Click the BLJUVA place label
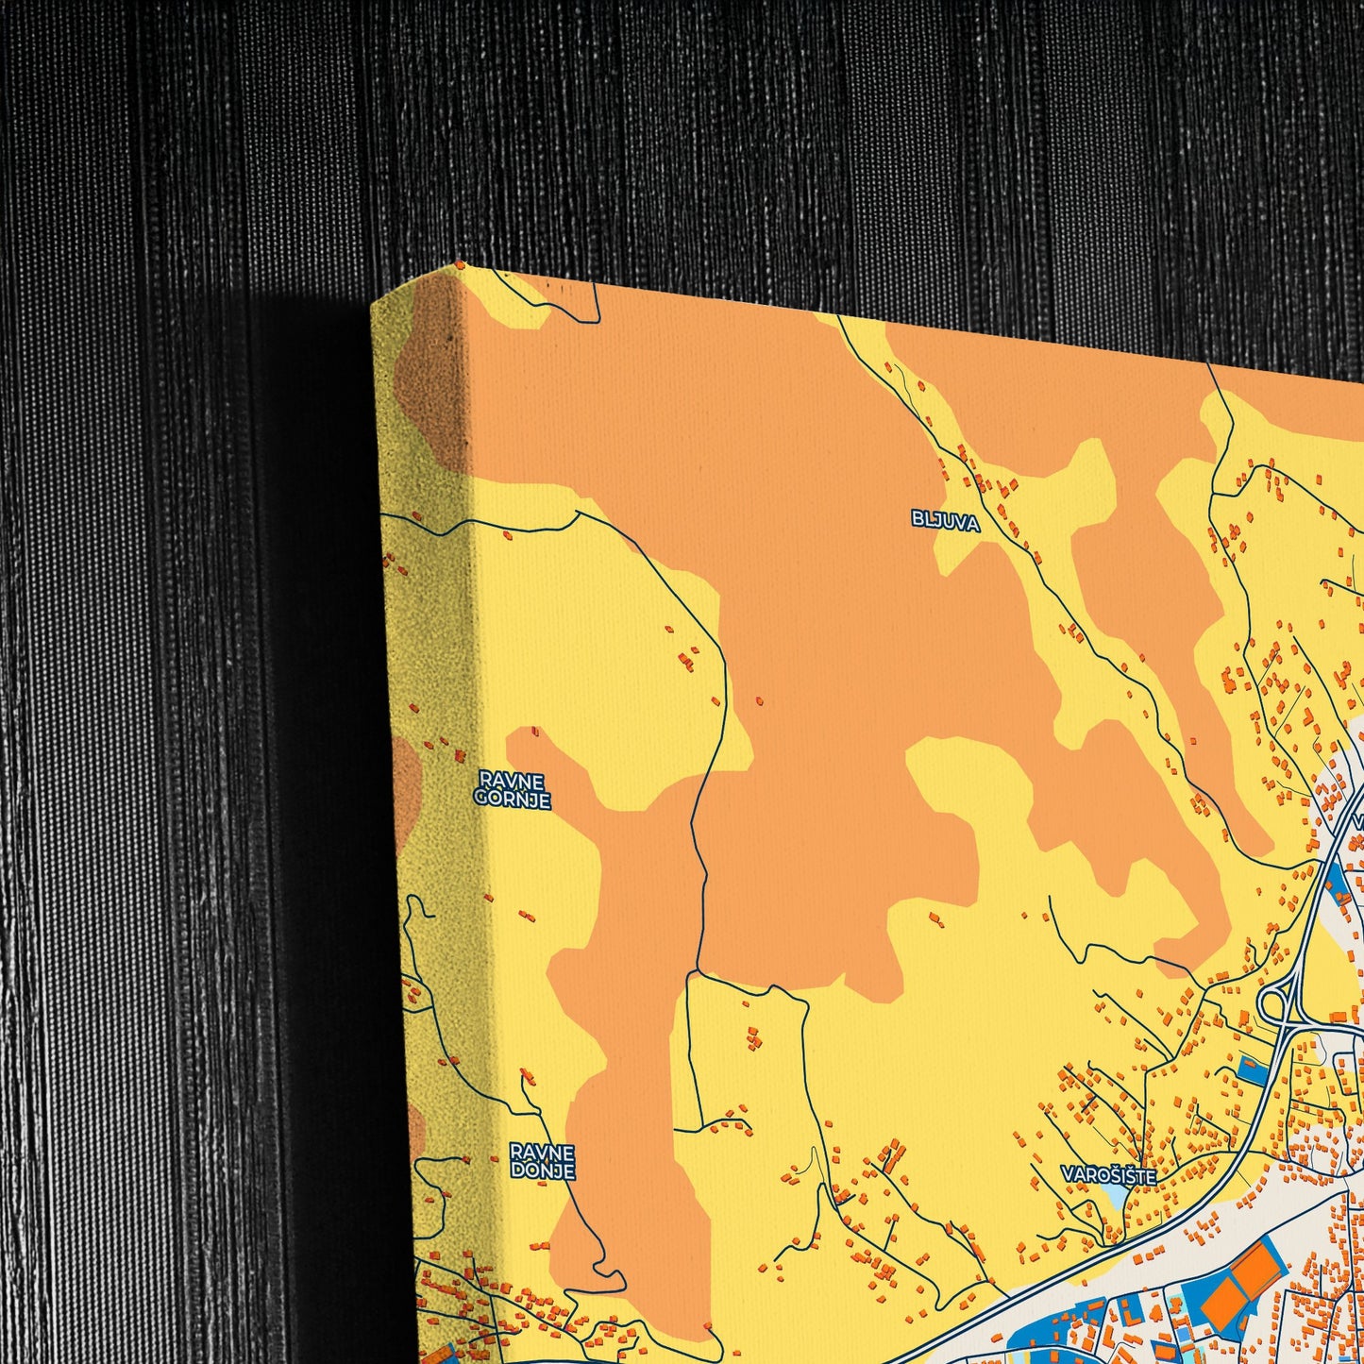(x=945, y=521)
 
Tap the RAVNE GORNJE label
(x=512, y=790)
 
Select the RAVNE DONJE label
(x=542, y=1161)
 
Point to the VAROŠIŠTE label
(x=1108, y=1176)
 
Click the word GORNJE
(x=512, y=800)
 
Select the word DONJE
(x=542, y=1170)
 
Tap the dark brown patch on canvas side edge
(x=429, y=378)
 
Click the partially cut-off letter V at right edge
(x=1358, y=821)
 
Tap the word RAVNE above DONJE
(x=542, y=1153)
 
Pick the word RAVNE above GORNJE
(x=512, y=781)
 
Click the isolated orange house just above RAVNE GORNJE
(x=535, y=731)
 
